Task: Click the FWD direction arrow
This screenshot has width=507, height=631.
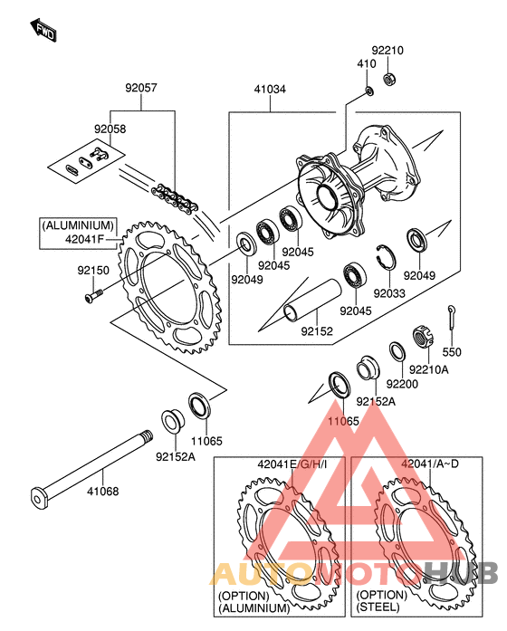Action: coord(43,30)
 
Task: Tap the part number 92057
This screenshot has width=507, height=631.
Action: coord(141,88)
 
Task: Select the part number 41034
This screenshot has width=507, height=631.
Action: coord(270,90)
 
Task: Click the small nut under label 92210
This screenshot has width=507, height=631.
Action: coord(388,78)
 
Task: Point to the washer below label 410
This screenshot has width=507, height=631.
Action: coord(369,91)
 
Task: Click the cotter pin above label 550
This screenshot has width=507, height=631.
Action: coord(452,319)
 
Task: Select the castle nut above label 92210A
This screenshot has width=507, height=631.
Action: coord(424,337)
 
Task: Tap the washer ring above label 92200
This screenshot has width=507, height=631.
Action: coord(397,352)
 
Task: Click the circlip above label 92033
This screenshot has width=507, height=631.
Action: coord(386,257)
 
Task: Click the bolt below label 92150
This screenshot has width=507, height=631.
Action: coord(94,295)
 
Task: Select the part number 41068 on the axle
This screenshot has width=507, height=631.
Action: coord(103,492)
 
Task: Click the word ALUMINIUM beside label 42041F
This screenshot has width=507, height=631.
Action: coord(78,225)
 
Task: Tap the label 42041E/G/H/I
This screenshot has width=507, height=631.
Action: coord(292,464)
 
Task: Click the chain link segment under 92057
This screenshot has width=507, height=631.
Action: coord(174,199)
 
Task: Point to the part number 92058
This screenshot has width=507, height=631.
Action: coord(110,129)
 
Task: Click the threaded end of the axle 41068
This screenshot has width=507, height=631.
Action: coord(146,436)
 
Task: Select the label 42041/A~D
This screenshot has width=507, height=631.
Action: coord(430,464)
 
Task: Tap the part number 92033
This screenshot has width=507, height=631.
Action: coord(389,293)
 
